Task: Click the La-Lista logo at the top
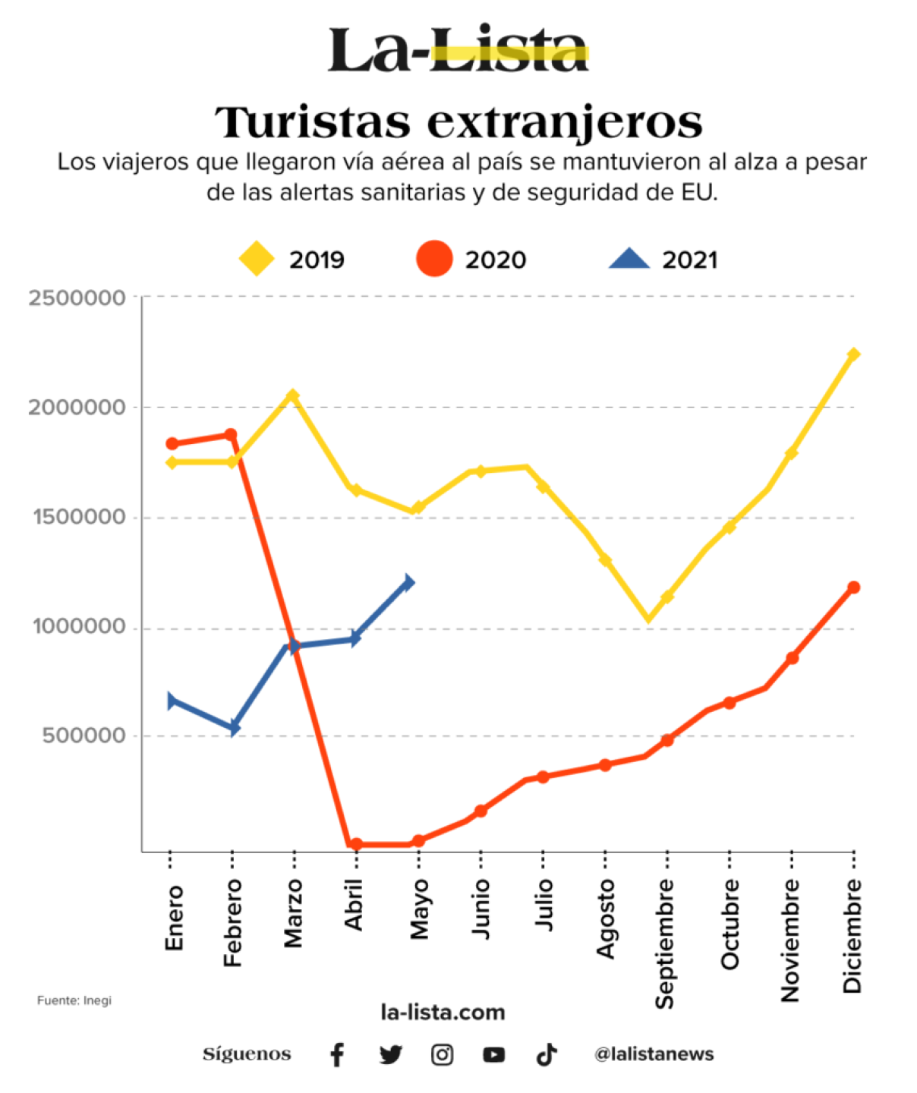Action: click(458, 51)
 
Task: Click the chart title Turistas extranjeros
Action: click(458, 122)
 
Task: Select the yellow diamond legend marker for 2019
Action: click(257, 259)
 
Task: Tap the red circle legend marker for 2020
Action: click(434, 259)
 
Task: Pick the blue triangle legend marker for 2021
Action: click(629, 260)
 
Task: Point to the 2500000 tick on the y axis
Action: click(77, 298)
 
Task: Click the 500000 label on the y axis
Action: click(84, 735)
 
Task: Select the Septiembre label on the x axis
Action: click(664, 943)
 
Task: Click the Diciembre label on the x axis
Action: click(852, 935)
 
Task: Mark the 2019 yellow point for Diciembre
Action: click(853, 354)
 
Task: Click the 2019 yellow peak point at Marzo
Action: click(293, 395)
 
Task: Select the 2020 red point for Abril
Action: click(356, 844)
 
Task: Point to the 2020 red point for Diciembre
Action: click(853, 587)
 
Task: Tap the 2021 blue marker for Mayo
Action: click(408, 582)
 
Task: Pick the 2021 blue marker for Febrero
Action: click(235, 728)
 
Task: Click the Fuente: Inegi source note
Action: click(74, 1000)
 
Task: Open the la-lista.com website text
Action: click(443, 1012)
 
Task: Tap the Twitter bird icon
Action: click(390, 1054)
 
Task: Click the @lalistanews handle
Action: click(654, 1054)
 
